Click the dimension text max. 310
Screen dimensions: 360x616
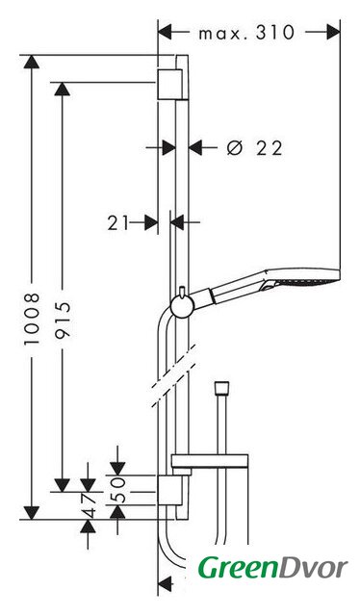(x=246, y=33)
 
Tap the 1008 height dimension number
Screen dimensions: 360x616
(x=32, y=319)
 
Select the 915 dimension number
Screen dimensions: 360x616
(x=63, y=320)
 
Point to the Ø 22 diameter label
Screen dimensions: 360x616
(x=255, y=148)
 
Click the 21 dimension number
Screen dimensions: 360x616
(x=117, y=223)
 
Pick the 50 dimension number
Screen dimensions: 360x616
(x=117, y=490)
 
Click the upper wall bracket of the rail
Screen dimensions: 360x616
(x=170, y=85)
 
